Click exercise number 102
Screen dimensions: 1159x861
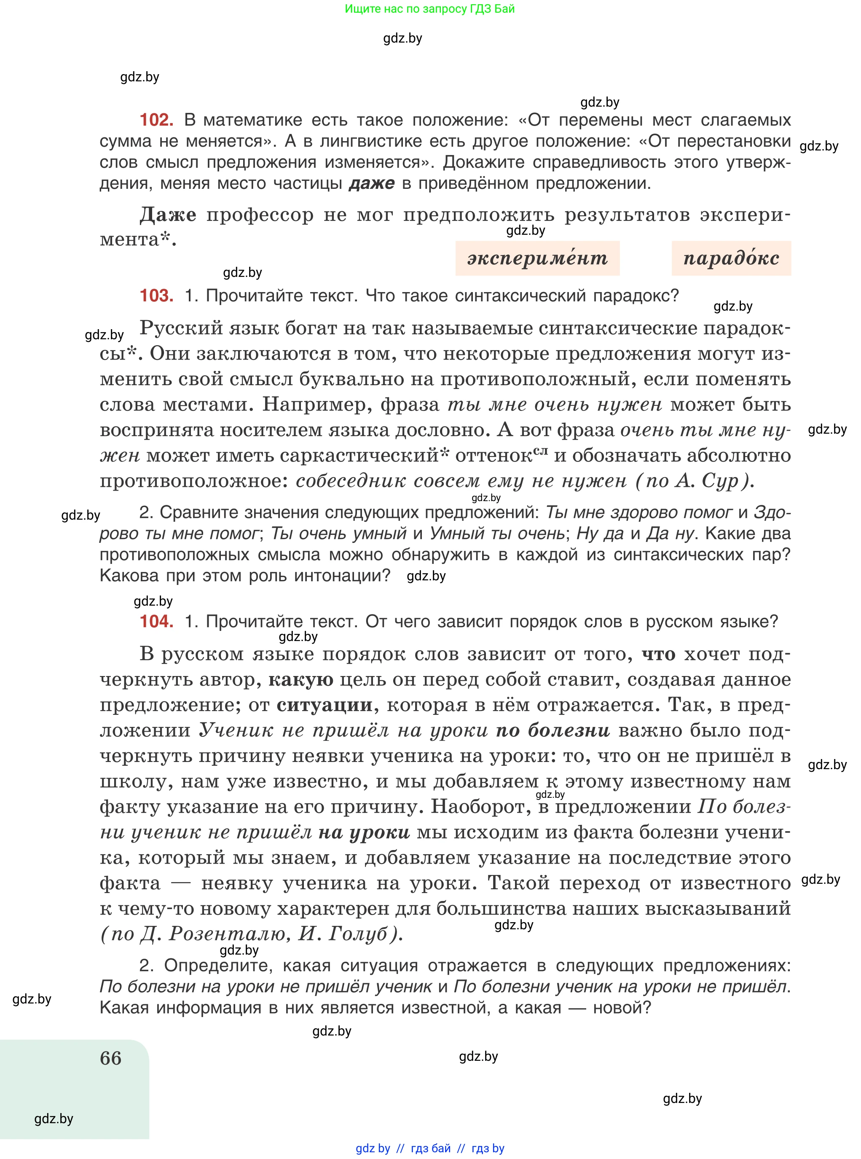click(x=156, y=120)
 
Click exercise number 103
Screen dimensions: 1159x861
click(x=156, y=295)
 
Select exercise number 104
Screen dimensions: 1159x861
click(x=156, y=621)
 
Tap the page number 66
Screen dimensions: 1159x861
click(x=110, y=1058)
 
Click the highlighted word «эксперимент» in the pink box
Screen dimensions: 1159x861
click(x=537, y=258)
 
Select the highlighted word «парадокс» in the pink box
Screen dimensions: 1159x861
click(x=731, y=258)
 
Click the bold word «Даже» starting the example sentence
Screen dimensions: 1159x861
click(x=168, y=215)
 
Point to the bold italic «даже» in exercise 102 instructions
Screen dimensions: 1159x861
click(x=371, y=183)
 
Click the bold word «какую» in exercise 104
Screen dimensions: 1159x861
click(x=301, y=679)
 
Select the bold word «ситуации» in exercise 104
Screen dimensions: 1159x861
click(x=324, y=705)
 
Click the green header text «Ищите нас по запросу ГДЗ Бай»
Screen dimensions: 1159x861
click(x=429, y=9)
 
